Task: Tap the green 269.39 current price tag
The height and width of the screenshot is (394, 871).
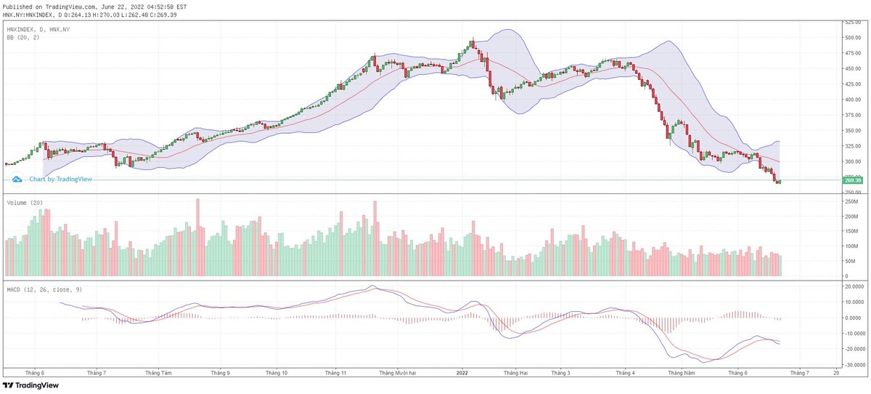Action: tap(852, 180)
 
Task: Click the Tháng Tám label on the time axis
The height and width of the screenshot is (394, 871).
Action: tap(158, 372)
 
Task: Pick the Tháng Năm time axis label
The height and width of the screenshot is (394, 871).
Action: tap(682, 372)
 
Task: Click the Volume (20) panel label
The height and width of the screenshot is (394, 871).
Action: tap(23, 203)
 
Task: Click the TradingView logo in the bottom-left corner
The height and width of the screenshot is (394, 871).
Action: tap(30, 385)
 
